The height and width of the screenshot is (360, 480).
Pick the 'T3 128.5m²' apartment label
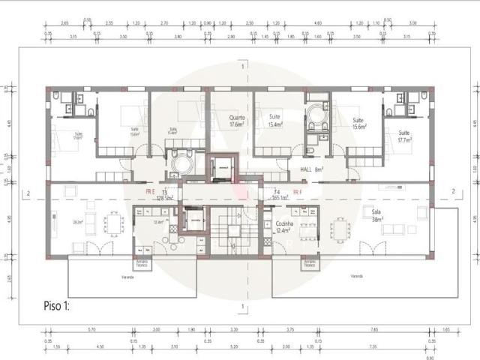tap(164, 196)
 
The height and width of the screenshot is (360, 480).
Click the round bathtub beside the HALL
tap(316, 115)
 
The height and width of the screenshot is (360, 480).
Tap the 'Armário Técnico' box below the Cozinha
tap(306, 264)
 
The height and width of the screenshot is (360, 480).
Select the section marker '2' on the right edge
tap(452, 193)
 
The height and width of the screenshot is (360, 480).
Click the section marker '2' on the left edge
tap(28, 194)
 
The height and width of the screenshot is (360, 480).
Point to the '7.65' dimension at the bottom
tap(373, 330)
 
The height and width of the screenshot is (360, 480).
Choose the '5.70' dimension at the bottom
tap(91, 330)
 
